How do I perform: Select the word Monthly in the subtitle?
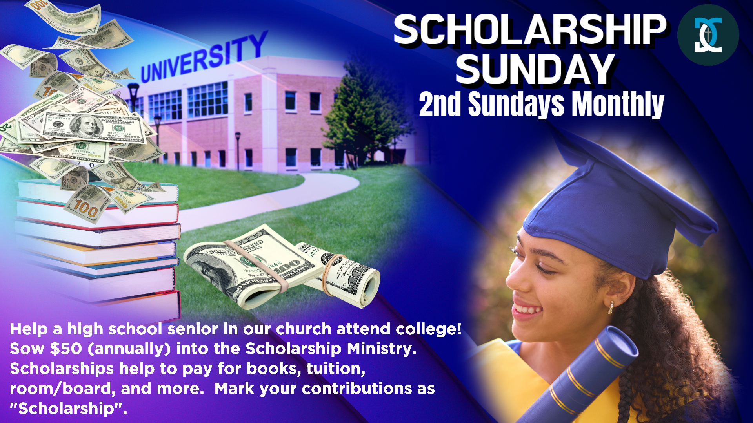coord(618,105)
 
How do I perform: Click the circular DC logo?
coord(708,35)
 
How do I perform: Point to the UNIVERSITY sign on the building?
coord(204,57)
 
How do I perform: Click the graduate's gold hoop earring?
coord(611,307)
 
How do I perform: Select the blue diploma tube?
coord(580,376)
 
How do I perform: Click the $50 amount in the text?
coord(66,349)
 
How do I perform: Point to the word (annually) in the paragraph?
coord(129,349)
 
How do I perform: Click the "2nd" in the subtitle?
coord(440,105)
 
